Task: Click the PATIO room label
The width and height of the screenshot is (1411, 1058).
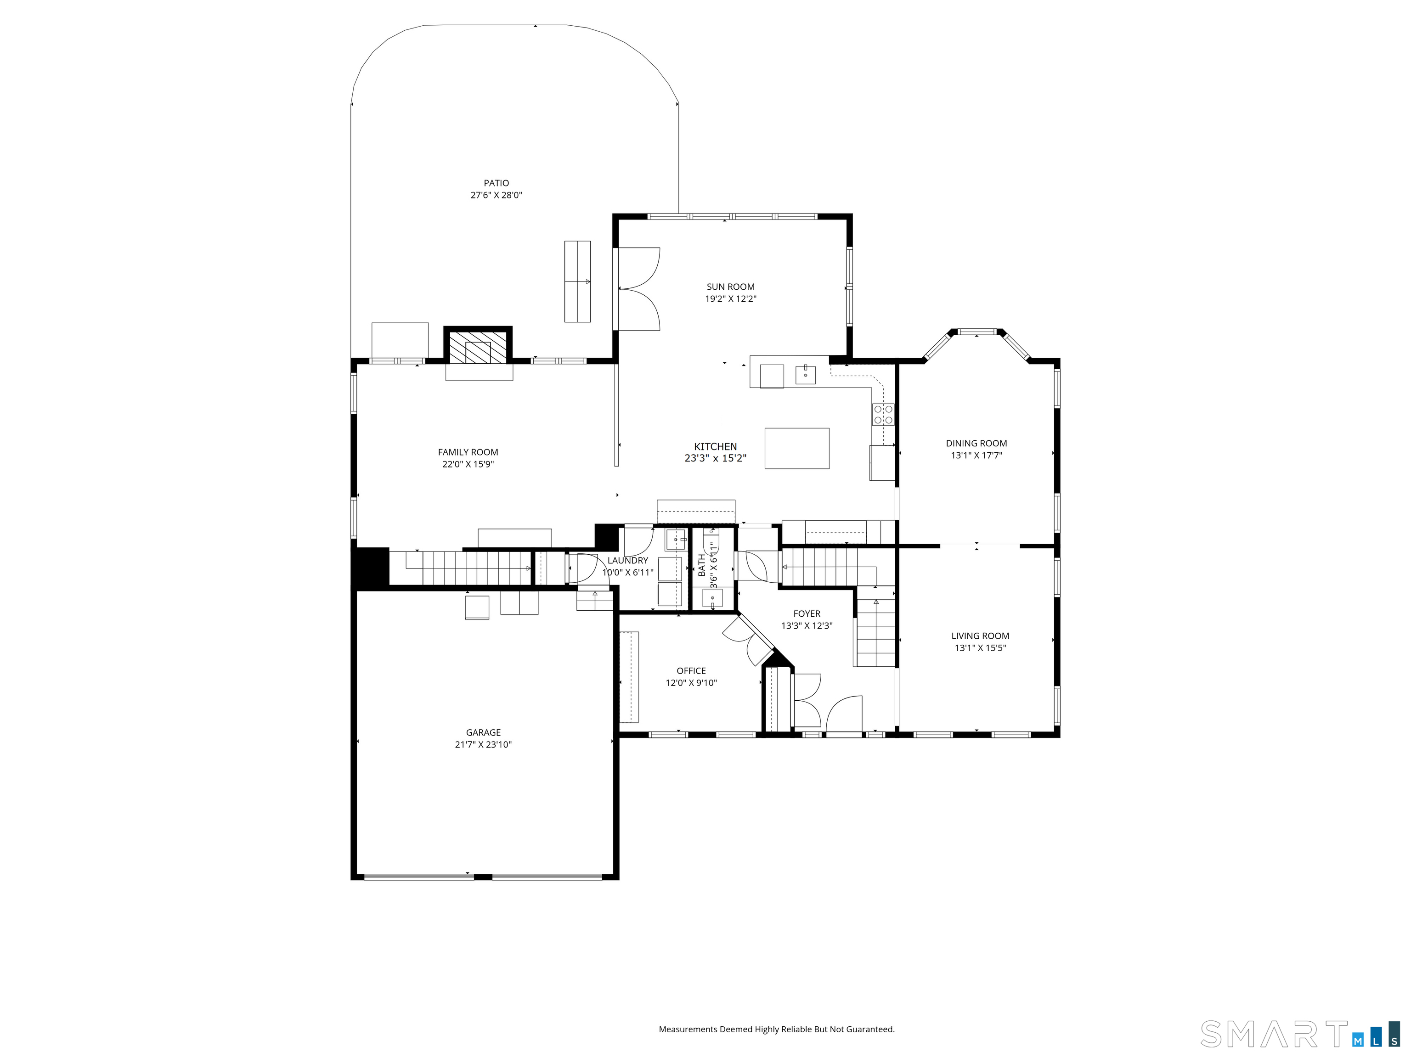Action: pyautogui.click(x=496, y=183)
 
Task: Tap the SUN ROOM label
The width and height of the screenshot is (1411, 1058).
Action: pyautogui.click(x=730, y=287)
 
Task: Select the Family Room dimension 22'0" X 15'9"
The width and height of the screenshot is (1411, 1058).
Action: pyautogui.click(x=468, y=464)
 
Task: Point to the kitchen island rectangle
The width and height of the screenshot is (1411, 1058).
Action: pyautogui.click(x=797, y=448)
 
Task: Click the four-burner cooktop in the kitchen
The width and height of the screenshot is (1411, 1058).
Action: pyautogui.click(x=883, y=415)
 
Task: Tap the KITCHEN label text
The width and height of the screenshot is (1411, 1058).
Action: pyautogui.click(x=716, y=446)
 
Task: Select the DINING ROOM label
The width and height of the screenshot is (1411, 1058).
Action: pyautogui.click(x=976, y=443)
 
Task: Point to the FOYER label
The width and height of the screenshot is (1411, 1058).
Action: pyautogui.click(x=807, y=613)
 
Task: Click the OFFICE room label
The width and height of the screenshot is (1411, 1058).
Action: pyautogui.click(x=691, y=671)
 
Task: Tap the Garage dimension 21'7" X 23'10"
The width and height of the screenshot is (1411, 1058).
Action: pyautogui.click(x=484, y=745)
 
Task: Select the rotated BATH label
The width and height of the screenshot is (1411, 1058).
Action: pyautogui.click(x=702, y=565)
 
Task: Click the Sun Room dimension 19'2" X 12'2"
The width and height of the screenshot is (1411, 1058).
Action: pyautogui.click(x=730, y=299)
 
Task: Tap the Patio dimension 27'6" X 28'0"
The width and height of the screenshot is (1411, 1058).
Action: pyautogui.click(x=496, y=195)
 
